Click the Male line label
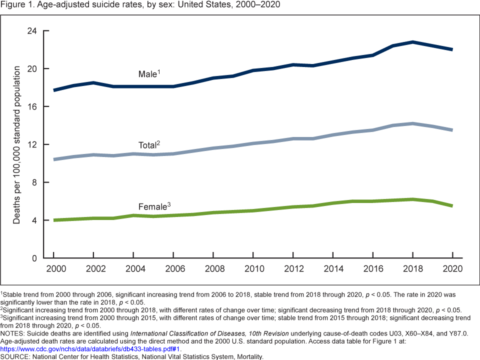coord(149,74)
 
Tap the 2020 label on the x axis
coord(452,268)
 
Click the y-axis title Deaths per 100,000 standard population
coord(16,144)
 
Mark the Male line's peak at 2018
coord(412,42)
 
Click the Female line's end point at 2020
coord(452,206)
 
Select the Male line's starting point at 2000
coord(53,90)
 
